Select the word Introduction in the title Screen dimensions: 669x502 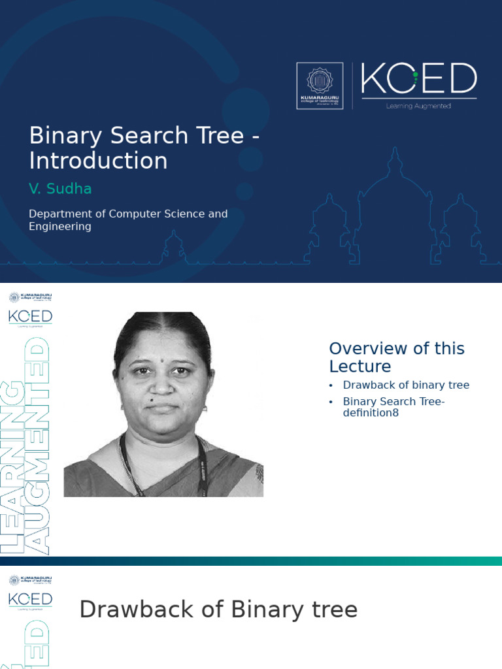[x=98, y=161]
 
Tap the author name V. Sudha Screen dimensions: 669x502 [x=60, y=189]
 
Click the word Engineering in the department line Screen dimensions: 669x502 [x=60, y=227]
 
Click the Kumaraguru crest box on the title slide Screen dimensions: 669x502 [x=320, y=86]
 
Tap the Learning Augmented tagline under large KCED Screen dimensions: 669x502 [x=419, y=106]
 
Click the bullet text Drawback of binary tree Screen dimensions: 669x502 [x=406, y=385]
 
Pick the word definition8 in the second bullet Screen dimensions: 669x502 [x=371, y=413]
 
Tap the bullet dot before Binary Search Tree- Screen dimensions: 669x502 [x=331, y=402]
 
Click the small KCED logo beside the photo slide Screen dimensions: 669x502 [x=30, y=317]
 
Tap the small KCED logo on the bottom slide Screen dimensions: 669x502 [x=30, y=599]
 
